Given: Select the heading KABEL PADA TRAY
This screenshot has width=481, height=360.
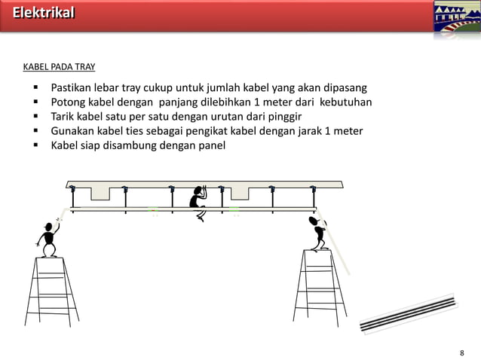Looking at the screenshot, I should (x=59, y=67).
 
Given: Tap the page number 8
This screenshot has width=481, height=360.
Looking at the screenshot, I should (x=462, y=352).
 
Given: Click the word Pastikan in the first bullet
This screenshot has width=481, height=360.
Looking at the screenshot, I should (x=72, y=88).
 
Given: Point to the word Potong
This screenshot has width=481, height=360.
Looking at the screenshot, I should (x=69, y=102).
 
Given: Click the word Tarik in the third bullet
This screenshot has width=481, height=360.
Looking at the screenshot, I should (x=64, y=117).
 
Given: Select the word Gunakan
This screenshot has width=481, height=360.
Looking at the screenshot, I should (x=73, y=131).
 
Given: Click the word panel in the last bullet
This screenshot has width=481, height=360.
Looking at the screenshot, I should (x=210, y=145).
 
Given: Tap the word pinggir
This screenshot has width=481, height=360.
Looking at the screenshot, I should (x=282, y=117).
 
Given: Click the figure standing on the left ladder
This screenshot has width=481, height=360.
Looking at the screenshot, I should (x=49, y=239).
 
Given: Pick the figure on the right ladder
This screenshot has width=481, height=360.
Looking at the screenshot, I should (x=317, y=233).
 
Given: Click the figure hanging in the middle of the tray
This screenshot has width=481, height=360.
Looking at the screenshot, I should (x=198, y=202).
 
